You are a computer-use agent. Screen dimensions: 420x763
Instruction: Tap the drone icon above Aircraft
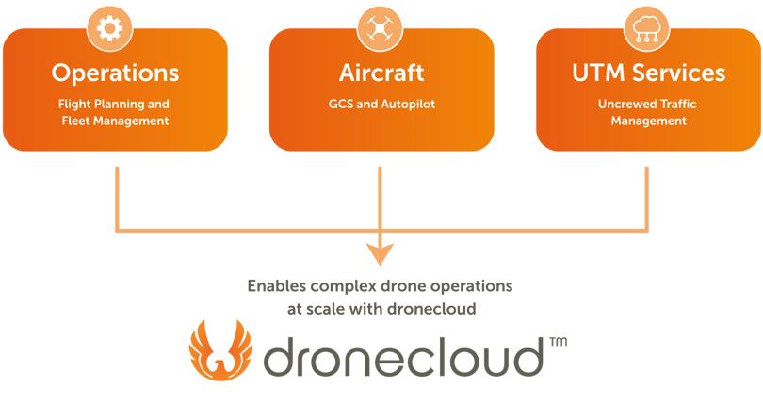click(380, 29)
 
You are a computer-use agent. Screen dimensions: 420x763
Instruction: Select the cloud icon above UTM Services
click(648, 29)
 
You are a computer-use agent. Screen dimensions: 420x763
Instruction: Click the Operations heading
click(115, 73)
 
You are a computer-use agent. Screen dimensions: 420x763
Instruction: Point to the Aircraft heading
click(381, 73)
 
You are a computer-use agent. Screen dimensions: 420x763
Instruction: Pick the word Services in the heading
click(678, 73)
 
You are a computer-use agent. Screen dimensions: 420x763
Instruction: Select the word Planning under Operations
click(120, 105)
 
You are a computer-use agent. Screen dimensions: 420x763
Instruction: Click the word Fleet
click(76, 121)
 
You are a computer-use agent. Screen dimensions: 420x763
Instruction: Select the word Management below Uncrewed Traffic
click(648, 121)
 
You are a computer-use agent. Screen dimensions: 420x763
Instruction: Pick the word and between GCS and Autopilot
click(369, 104)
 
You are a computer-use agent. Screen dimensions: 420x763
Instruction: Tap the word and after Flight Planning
click(159, 104)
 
